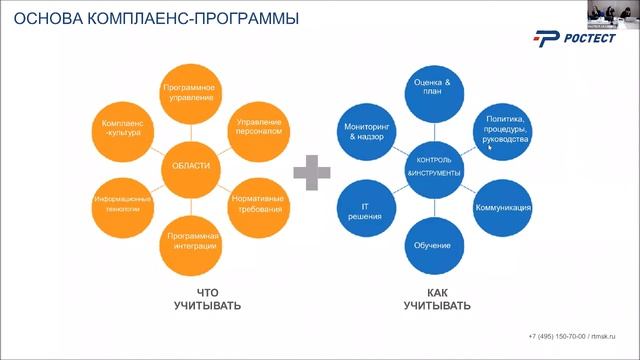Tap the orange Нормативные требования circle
258,202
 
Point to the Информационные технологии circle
122,203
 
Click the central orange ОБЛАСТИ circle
190,166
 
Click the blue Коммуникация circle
501,208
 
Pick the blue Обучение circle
433,246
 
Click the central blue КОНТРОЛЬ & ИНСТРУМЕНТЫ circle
433,167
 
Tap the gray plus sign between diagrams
312,172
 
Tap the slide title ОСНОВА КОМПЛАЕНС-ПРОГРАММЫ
140,17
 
